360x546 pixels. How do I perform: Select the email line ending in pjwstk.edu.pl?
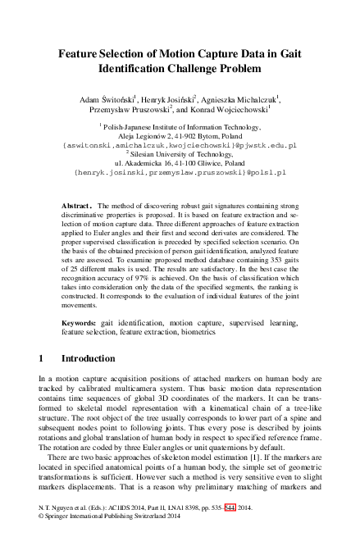coord(180,144)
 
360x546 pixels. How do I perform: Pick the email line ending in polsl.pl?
coord(180,173)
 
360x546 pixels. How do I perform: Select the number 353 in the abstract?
coord(255,265)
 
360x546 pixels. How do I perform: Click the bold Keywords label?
coord(80,325)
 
